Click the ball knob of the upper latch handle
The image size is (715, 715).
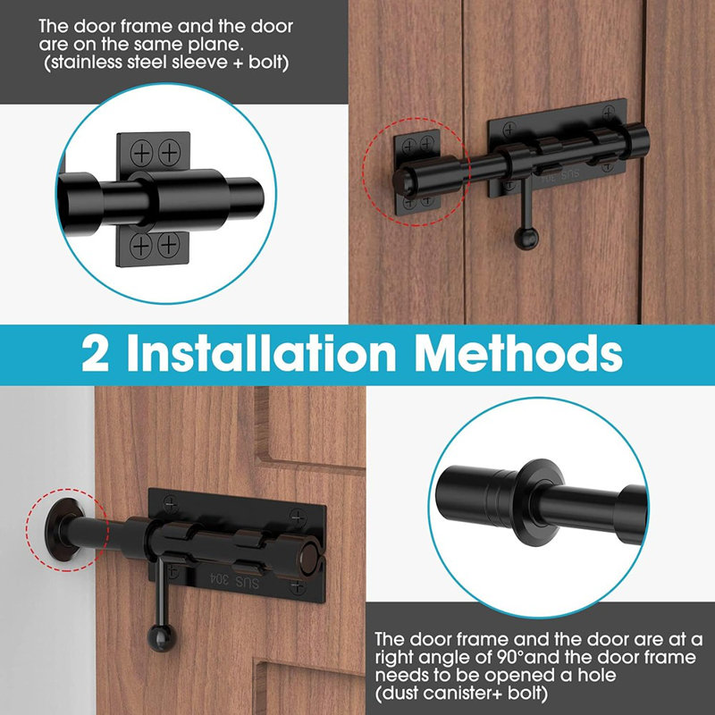(522, 238)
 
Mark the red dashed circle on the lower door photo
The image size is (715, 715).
(67, 531)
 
